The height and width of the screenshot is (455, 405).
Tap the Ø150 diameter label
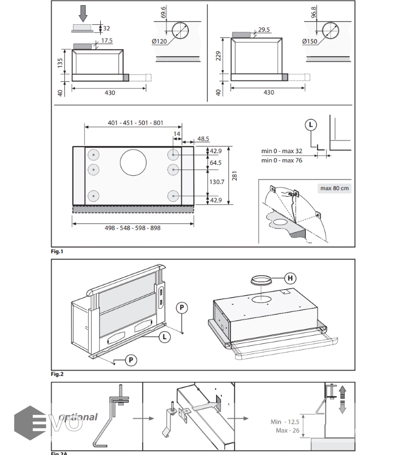(310, 41)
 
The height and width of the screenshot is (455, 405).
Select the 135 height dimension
(60, 63)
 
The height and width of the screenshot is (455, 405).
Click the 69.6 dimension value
(164, 12)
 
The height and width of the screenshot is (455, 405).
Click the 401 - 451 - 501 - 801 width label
(135, 123)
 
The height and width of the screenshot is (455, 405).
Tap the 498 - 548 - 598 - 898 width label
(133, 228)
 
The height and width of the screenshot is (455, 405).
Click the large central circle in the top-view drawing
(133, 162)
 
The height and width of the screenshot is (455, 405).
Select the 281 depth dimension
(234, 175)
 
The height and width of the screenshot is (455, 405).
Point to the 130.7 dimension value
(217, 182)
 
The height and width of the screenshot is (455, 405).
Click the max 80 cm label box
(335, 189)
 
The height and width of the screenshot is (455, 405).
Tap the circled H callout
(290, 278)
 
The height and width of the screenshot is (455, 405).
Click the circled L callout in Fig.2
(163, 336)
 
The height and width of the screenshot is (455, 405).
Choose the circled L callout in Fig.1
(311, 125)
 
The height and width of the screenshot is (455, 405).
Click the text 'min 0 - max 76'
(281, 160)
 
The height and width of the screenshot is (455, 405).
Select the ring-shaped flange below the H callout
(261, 280)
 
